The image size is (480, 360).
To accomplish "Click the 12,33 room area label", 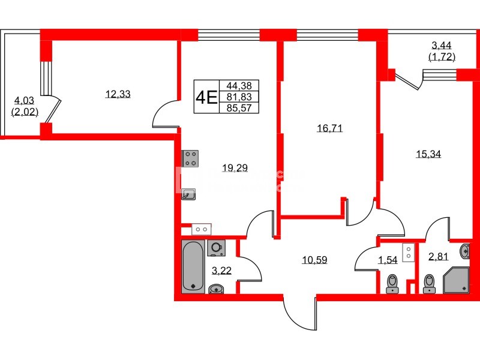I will [x=118, y=94].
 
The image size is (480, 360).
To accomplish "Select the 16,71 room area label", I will [x=329, y=128].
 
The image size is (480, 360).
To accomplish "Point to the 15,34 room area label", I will [x=428, y=154].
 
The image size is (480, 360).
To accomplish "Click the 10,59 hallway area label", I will [x=315, y=260].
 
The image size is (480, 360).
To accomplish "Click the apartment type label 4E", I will [x=206, y=97].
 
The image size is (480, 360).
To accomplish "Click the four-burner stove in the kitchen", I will [x=191, y=158].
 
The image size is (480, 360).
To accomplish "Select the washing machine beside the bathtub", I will [x=216, y=247].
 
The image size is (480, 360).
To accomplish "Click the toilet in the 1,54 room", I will [x=392, y=283].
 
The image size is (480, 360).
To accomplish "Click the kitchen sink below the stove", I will [x=190, y=194].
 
